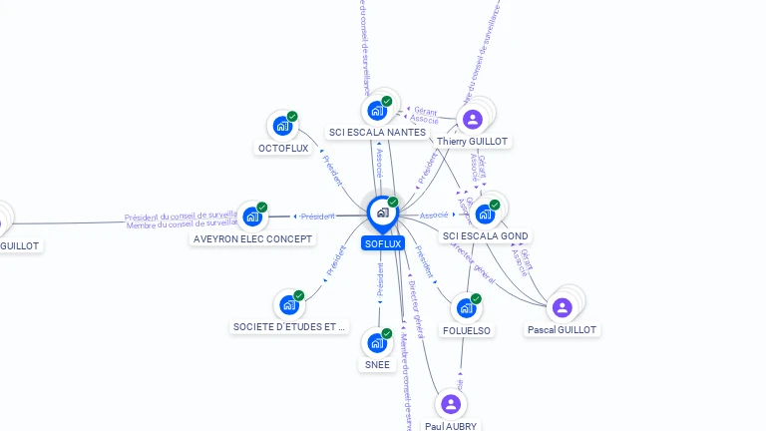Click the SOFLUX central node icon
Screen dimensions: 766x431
382,213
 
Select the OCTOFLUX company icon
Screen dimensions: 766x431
283,126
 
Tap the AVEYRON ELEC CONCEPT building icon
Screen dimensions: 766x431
252,215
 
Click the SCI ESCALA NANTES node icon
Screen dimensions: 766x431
377,110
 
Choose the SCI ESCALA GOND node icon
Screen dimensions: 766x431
485,214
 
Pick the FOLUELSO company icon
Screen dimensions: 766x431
466,307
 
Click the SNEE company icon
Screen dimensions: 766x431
377,342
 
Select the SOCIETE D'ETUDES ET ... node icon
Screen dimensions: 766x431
289,303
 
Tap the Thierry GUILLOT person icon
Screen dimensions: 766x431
473,120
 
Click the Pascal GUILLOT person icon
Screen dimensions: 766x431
563,306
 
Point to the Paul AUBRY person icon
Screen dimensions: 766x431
451,404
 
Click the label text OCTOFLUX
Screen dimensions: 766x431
283,149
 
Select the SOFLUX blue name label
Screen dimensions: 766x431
383,243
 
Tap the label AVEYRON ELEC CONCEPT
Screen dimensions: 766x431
253,239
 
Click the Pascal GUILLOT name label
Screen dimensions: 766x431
563,330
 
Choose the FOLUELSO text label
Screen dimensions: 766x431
466,330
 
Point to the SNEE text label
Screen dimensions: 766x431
377,365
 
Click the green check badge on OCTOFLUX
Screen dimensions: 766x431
292,117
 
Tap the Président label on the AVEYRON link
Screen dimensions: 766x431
317,215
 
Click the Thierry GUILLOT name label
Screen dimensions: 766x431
473,142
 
